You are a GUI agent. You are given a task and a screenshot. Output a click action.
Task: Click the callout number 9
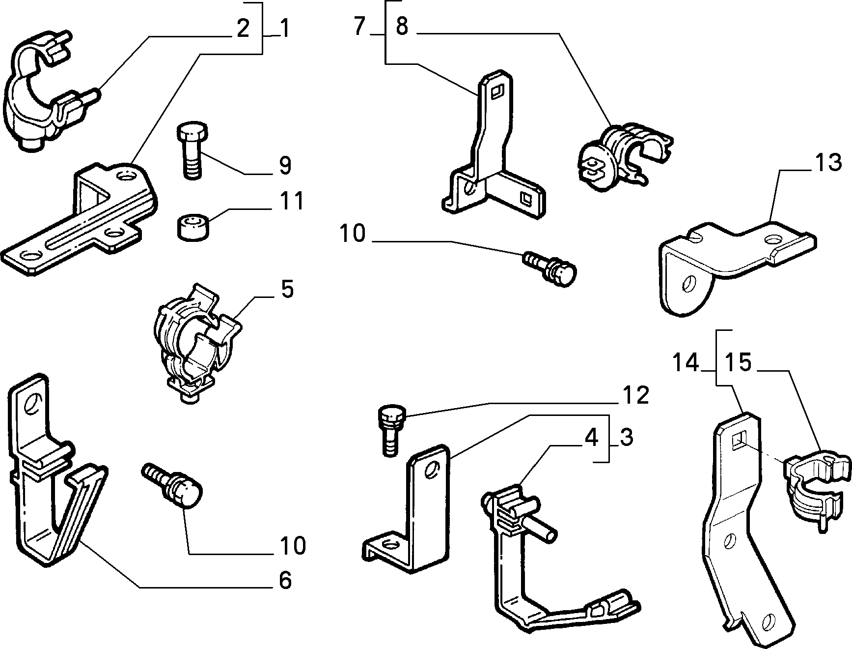click(x=285, y=166)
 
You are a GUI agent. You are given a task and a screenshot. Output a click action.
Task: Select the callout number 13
click(x=829, y=163)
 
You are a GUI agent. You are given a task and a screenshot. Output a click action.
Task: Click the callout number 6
click(x=285, y=580)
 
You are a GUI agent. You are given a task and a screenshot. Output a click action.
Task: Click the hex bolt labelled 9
click(x=192, y=151)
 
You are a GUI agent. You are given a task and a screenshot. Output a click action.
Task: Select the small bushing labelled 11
click(x=192, y=227)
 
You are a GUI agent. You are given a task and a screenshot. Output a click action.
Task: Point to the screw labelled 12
click(x=389, y=430)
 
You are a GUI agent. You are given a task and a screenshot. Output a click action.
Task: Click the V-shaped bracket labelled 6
click(x=54, y=472)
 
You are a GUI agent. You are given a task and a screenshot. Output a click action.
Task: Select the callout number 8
click(x=402, y=26)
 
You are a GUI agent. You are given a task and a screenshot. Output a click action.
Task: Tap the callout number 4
click(x=592, y=438)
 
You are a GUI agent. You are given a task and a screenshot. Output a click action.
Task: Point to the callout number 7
click(x=360, y=26)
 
